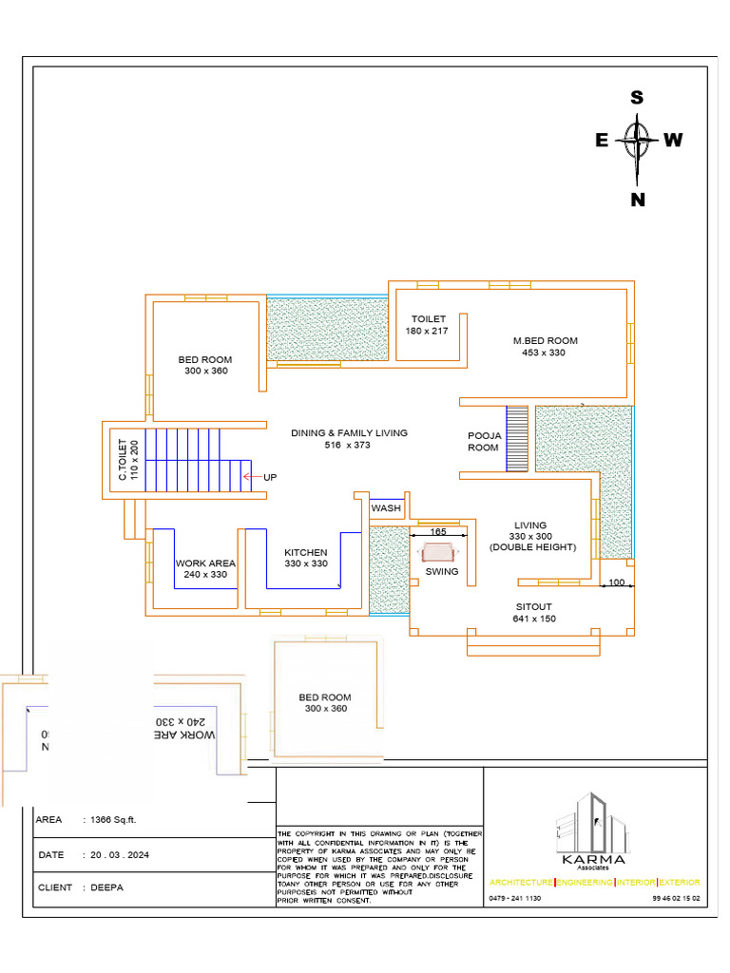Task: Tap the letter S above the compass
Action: [638, 97]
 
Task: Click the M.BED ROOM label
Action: [545, 347]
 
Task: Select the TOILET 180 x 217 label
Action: [428, 325]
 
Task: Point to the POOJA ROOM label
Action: [483, 441]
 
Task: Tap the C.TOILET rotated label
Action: [127, 459]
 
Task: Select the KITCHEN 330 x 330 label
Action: [306, 558]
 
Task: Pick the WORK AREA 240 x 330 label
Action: [205, 568]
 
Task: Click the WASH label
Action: [386, 508]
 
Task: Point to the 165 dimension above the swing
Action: [438, 532]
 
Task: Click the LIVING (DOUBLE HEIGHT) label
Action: [531, 536]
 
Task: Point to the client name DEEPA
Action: [106, 887]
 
